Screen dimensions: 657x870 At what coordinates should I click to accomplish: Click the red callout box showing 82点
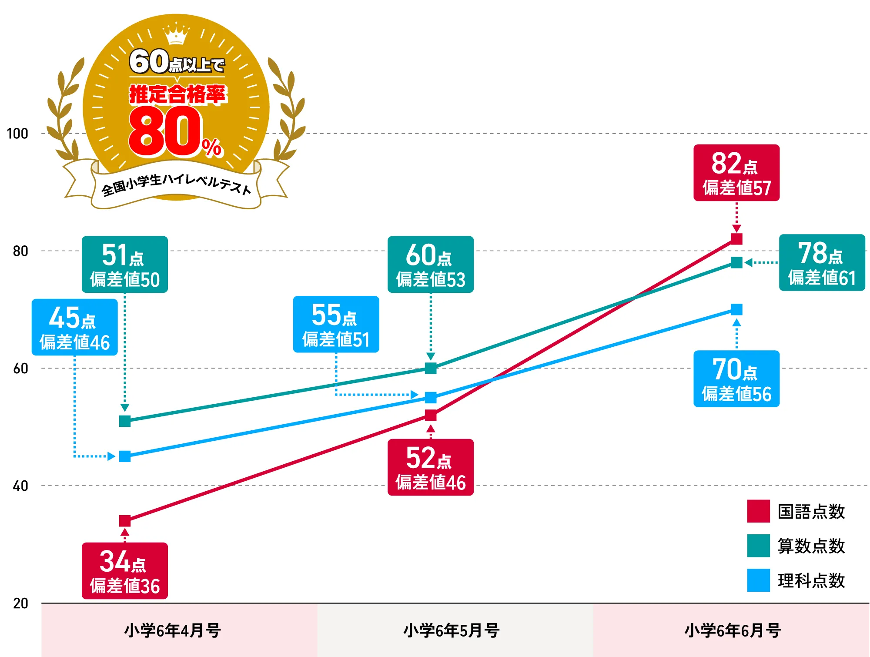pos(736,173)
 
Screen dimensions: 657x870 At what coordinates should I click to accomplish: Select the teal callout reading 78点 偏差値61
pos(822,263)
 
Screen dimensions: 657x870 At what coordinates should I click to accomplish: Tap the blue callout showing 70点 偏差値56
pos(736,379)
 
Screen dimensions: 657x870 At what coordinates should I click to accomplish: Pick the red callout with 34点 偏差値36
pos(125,571)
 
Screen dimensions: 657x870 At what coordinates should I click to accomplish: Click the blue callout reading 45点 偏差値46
pos(75,327)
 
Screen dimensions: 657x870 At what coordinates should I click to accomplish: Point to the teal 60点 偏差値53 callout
pos(430,265)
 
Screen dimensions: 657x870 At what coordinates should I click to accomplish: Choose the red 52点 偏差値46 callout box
pos(430,467)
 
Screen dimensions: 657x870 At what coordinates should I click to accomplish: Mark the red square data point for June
pos(736,239)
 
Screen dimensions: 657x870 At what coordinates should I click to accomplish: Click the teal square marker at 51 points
pos(125,421)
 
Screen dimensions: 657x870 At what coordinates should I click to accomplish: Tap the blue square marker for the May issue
pos(431,398)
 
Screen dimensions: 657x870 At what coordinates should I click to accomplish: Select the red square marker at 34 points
pos(125,521)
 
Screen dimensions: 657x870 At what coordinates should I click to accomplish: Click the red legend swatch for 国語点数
pos(758,511)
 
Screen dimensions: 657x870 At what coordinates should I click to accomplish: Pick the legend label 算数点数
pos(811,546)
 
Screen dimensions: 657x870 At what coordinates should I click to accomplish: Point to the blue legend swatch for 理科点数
pos(758,580)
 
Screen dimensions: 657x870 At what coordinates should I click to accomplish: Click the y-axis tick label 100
pos(17,134)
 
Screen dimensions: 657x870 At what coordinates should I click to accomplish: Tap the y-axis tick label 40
pos(20,486)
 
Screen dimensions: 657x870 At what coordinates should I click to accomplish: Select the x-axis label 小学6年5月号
pos(451,630)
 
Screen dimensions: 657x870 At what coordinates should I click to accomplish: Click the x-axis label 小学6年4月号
pos(173,630)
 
